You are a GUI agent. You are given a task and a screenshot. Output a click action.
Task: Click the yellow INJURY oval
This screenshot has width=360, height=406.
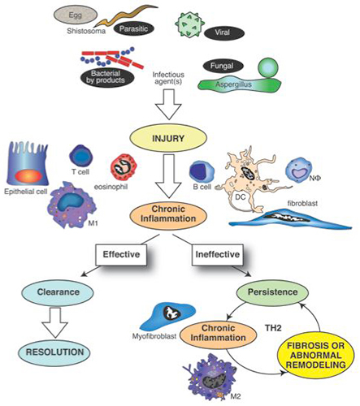(168, 138)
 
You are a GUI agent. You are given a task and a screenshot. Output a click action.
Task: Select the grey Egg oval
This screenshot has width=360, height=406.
(76, 15)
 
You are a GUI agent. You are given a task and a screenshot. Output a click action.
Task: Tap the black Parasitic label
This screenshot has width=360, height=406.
(133, 28)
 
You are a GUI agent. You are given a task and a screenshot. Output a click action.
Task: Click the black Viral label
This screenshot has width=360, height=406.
(223, 32)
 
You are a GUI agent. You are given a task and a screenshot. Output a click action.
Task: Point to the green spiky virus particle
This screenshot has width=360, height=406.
(189, 24)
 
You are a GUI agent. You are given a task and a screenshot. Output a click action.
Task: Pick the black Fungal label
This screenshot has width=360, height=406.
(223, 66)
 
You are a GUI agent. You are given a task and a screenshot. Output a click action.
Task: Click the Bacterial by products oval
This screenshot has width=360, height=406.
(107, 77)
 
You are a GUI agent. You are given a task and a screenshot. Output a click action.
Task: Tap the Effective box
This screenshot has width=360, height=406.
(121, 254)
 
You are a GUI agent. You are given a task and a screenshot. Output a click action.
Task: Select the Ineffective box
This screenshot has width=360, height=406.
(218, 254)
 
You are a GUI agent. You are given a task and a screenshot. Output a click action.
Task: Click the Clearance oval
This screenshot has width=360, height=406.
(58, 292)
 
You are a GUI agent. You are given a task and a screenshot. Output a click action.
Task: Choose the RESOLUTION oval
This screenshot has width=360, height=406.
(54, 352)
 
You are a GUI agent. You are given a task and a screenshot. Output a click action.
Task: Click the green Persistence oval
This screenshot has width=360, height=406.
(272, 292)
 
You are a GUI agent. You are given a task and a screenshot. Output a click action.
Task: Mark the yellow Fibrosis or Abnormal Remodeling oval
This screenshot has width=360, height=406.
(316, 356)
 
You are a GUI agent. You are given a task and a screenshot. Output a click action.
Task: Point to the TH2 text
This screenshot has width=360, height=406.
(273, 328)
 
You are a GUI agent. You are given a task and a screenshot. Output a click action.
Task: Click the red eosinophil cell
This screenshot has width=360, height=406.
(124, 166)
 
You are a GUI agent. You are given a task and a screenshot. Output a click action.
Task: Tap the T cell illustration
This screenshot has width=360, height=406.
(81, 157)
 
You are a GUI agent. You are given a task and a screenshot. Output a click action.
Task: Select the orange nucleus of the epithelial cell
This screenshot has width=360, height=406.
(28, 176)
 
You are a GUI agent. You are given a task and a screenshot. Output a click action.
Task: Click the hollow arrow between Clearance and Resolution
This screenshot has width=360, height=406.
(54, 322)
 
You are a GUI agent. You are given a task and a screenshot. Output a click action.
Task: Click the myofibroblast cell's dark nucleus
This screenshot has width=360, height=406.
(173, 313)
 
